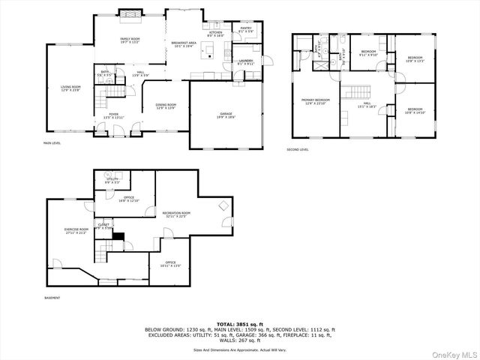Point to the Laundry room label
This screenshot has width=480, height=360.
pos(245,62)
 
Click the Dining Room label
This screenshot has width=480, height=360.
pos(166,106)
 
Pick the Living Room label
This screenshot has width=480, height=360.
pos(71,88)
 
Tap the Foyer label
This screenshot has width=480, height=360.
pos(113,116)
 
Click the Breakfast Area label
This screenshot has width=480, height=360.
pos(184,44)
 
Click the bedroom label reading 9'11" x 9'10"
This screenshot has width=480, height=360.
pos(367,54)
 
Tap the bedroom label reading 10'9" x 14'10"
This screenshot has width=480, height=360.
pos(415,111)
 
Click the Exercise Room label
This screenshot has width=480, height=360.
pos(76,231)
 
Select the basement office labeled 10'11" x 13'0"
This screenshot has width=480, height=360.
pos(171,264)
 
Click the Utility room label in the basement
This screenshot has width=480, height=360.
pos(112,181)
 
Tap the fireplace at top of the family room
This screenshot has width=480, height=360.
pos(130,13)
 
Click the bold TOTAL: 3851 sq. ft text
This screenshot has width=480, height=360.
pos(240,324)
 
